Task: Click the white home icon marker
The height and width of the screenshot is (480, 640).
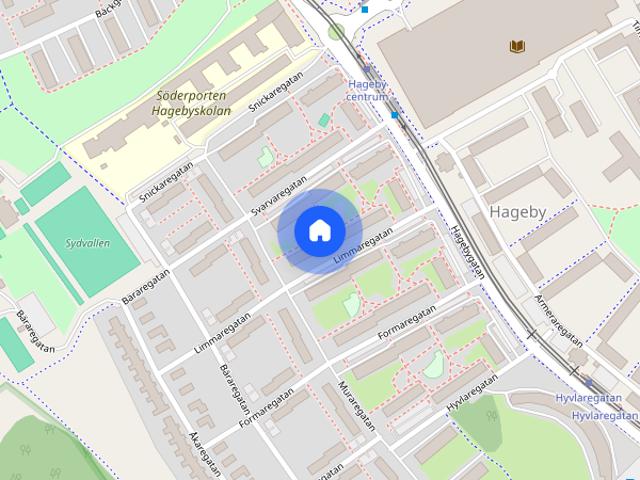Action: [320, 231]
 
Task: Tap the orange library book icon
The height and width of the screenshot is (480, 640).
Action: [517, 46]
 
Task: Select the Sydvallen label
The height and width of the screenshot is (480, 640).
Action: [87, 243]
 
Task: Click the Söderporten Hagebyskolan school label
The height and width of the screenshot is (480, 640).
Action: [193, 104]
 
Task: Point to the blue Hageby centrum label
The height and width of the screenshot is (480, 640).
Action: [367, 90]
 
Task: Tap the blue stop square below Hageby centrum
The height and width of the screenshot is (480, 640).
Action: [396, 115]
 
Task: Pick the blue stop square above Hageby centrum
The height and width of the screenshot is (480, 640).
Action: [365, 9]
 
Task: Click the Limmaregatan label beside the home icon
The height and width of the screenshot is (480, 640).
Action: [362, 247]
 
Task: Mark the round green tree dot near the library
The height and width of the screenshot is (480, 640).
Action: [336, 31]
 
